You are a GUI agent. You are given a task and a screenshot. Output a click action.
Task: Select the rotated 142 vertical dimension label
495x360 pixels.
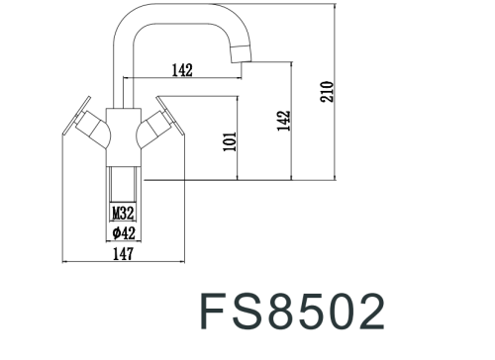(x=285, y=120)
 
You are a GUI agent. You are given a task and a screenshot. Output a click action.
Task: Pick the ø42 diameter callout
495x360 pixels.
(x=123, y=232)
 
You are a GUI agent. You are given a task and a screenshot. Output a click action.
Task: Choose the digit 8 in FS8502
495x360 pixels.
(x=283, y=311)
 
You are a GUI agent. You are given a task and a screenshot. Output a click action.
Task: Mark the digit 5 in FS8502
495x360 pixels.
(x=316, y=311)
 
